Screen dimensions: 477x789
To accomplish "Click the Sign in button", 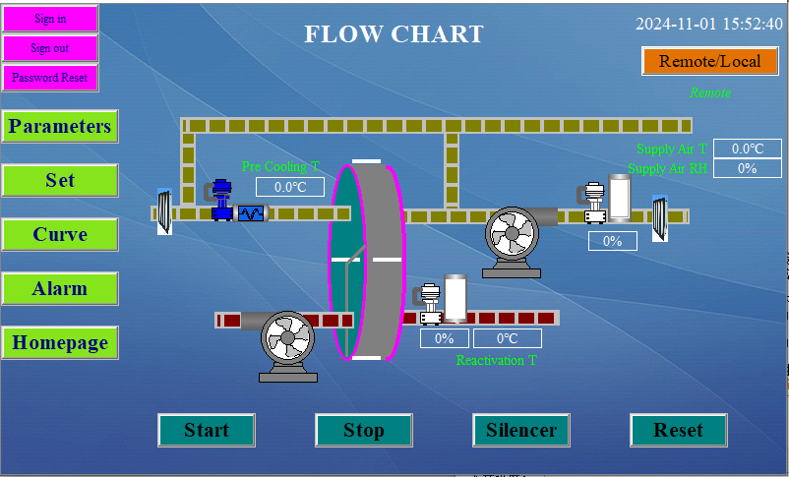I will click(x=50, y=19).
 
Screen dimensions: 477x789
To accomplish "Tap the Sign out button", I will click(x=50, y=48).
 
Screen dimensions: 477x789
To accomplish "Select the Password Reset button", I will click(x=50, y=77).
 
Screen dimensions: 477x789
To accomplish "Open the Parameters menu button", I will click(x=60, y=127).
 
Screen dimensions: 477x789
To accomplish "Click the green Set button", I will click(x=60, y=181).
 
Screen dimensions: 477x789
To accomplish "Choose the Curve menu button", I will click(x=60, y=235).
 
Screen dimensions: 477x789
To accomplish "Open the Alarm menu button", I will click(x=60, y=289).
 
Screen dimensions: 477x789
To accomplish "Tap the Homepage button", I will click(x=60, y=343).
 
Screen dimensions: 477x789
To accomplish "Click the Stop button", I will click(x=364, y=430).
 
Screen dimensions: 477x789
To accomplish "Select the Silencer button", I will click(x=521, y=430).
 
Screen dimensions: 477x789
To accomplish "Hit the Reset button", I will click(x=679, y=430).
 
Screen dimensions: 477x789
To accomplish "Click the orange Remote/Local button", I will click(x=709, y=61).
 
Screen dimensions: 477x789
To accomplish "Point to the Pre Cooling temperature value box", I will click(x=290, y=187).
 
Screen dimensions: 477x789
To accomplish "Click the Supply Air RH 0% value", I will click(x=748, y=168).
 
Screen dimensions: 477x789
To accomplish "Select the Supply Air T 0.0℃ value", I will click(x=748, y=149).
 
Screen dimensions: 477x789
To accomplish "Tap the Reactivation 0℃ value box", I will click(x=508, y=338).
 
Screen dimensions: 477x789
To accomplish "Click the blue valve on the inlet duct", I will click(x=221, y=199).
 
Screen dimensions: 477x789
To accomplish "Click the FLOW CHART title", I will click(x=394, y=34).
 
